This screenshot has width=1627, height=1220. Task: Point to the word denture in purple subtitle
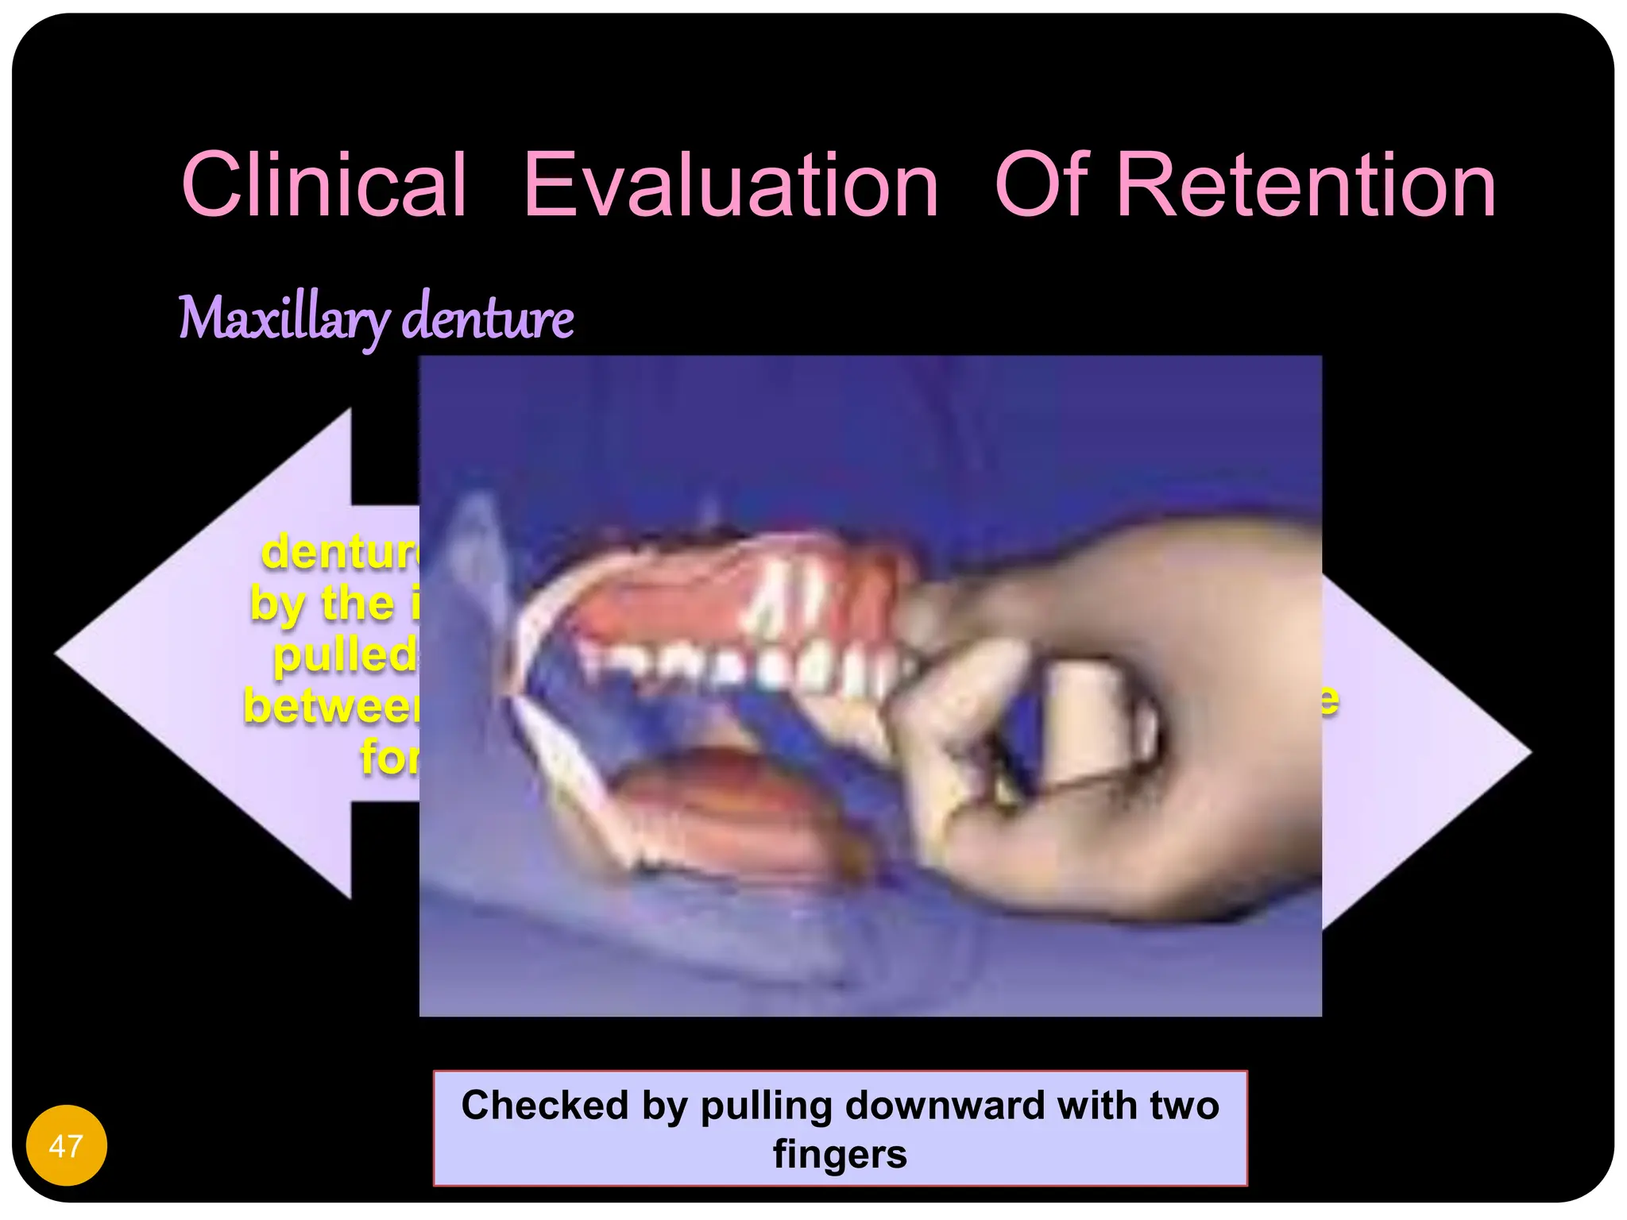click(x=488, y=318)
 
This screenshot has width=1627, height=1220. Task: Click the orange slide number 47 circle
click(x=66, y=1145)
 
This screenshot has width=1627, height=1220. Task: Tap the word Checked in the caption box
click(x=545, y=1105)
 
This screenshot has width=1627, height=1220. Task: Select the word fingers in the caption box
click(x=840, y=1154)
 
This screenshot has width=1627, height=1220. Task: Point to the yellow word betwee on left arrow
click(x=332, y=706)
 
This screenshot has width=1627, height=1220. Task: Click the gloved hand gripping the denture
click(x=1112, y=715)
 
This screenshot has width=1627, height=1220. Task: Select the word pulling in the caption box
click(x=765, y=1105)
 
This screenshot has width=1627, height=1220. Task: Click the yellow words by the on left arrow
click(x=322, y=604)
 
